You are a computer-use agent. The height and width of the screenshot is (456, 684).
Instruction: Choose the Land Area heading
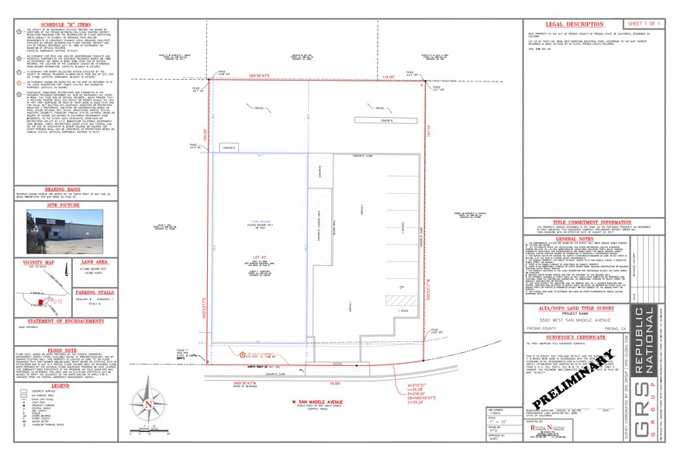tap(93, 264)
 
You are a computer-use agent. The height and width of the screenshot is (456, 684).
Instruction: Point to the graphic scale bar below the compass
tap(145, 438)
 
